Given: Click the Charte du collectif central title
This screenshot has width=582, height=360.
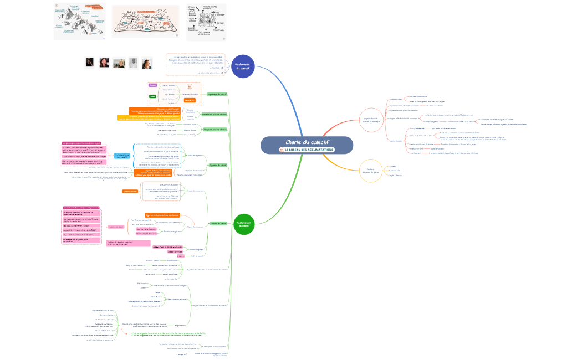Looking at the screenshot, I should pos(307,142).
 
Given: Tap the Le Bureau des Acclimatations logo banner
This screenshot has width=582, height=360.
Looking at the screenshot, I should pos(307,150).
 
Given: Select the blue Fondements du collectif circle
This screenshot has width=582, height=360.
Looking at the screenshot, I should pos(243,66).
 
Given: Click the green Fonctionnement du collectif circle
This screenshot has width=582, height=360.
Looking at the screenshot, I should pos(243,224).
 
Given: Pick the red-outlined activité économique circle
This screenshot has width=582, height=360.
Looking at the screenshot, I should pos(371,120).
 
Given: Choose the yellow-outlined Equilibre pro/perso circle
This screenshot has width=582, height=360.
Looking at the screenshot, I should pos(371,171).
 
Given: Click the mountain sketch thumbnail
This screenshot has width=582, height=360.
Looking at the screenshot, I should pos(79,22).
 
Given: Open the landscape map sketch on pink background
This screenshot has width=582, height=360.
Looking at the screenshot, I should pos(145,22).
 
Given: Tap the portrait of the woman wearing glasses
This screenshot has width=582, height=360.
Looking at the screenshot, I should pos(104,63).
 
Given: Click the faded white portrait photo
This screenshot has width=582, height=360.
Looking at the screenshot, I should pos(134,63).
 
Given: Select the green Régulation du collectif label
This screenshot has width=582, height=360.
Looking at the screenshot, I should pos(218,165).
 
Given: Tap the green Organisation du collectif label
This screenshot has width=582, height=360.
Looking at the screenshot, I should pos(217,94).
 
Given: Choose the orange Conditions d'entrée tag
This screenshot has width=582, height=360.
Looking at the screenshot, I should pos(130,191).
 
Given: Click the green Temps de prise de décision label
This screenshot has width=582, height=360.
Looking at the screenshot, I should pos(215,129).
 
